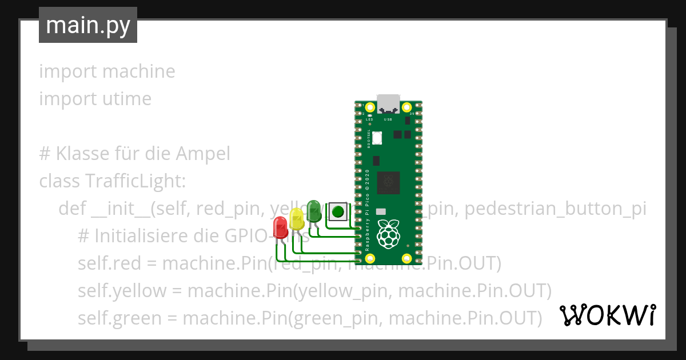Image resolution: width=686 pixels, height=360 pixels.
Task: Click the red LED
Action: tap(280, 226)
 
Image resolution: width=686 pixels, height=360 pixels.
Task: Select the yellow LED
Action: tap(297, 218)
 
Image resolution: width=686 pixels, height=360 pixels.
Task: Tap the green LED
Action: tap(313, 210)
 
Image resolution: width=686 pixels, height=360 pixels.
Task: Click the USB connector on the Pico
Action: tap(388, 103)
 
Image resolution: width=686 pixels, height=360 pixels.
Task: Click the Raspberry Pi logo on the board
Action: tap(389, 233)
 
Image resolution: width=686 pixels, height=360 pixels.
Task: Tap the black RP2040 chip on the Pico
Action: tap(390, 182)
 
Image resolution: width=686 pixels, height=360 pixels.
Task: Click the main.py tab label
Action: tap(88, 25)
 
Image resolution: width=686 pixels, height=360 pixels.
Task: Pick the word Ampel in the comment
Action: tap(202, 154)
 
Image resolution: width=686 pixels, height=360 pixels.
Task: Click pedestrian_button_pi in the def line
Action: tap(555, 209)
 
